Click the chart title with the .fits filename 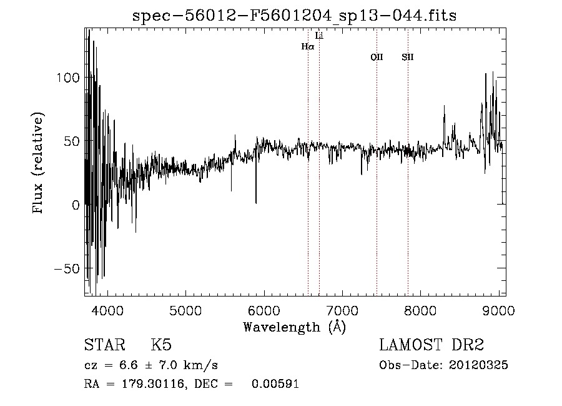coord(295,15)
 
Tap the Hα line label coord(307,46)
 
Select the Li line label coord(319,36)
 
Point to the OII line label coord(377,58)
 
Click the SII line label coord(408,58)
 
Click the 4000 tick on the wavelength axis coord(107,310)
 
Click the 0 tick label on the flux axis coord(76,205)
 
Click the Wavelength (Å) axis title coord(294,327)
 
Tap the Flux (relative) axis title coord(39,163)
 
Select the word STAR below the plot coord(104,345)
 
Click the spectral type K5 coord(161,345)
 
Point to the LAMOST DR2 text coord(432,345)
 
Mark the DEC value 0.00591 coord(275,384)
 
